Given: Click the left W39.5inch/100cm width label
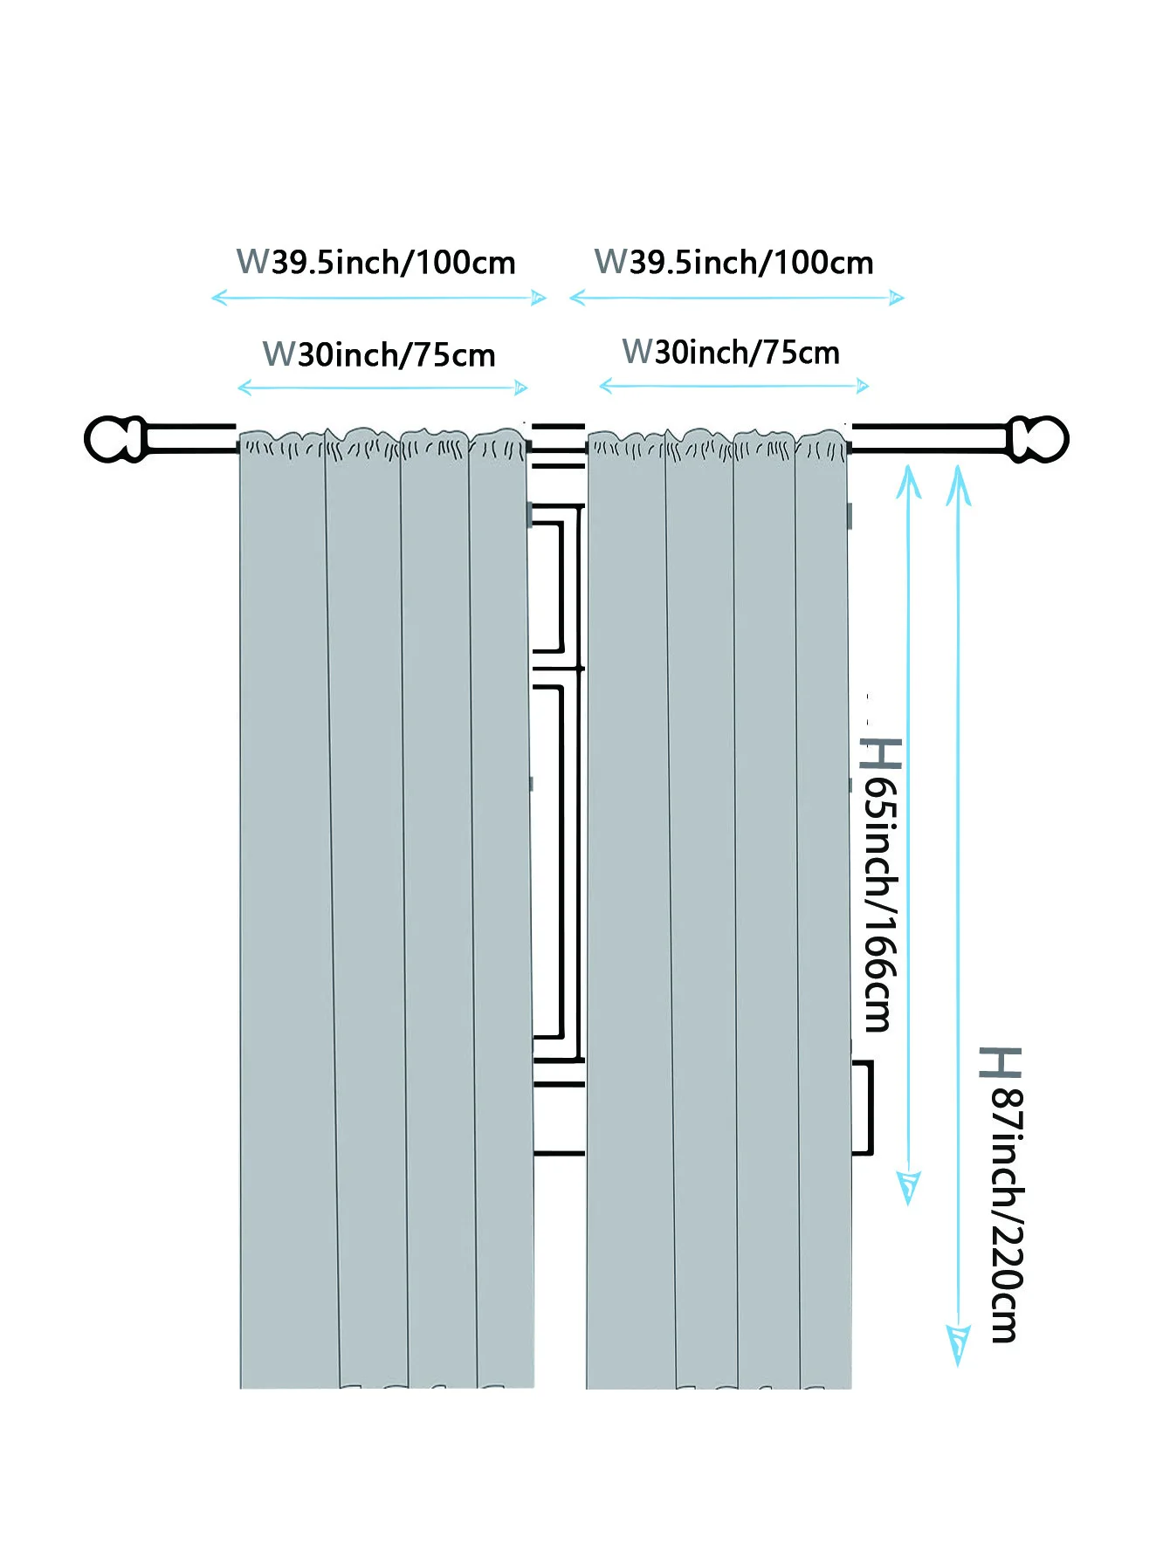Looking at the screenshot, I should [x=376, y=262].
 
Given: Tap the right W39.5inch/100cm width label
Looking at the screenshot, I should [x=733, y=262].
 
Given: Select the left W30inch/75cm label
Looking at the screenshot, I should [x=379, y=354].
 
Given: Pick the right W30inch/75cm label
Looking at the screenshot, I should [x=731, y=352].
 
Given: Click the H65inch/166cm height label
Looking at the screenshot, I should [x=880, y=884].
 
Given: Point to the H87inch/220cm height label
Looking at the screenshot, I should [x=1002, y=1194].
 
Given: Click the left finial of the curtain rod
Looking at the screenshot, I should [x=114, y=439].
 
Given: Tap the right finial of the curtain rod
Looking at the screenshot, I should [x=1038, y=438].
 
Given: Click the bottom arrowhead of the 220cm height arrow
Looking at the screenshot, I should [x=958, y=1345].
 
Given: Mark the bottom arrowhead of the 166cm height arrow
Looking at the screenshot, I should [x=909, y=1188].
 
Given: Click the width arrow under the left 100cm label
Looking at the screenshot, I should [x=379, y=299].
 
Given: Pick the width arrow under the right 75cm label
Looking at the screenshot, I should [x=733, y=386].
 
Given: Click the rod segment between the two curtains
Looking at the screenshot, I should [x=559, y=437].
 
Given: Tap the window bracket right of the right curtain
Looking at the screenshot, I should [x=863, y=1107].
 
